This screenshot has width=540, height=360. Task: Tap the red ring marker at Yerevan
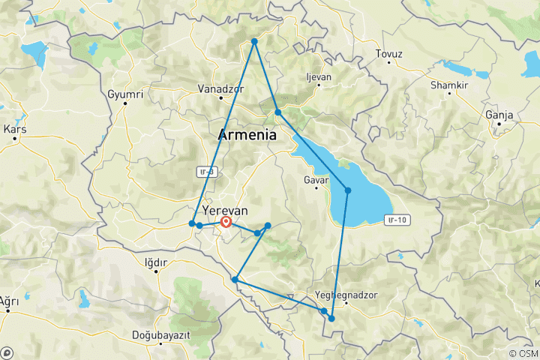225,221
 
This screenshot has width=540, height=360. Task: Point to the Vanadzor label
221,88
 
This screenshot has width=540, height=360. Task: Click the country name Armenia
247,136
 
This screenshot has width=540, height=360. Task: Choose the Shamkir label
448,85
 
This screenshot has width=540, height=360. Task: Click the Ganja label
499,115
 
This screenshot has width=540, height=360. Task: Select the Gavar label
316,181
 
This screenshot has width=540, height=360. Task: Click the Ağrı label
8,301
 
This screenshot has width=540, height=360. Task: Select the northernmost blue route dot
254,41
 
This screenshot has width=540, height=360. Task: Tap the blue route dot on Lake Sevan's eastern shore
348,190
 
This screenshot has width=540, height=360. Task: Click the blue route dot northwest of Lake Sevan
277,112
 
